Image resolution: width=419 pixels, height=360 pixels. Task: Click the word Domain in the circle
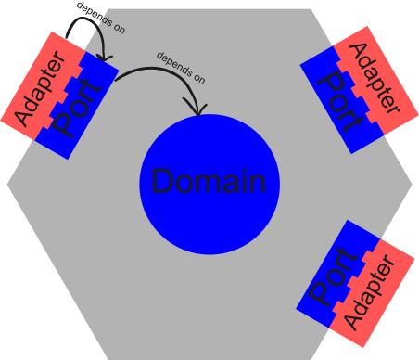coord(209,183)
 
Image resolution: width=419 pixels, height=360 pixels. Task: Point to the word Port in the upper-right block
coord(339,100)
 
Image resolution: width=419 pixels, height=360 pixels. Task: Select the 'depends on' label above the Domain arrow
coord(180,68)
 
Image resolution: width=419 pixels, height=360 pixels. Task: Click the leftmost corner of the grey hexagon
coord(8,184)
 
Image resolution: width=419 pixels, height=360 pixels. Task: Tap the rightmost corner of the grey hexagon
coord(411,184)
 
